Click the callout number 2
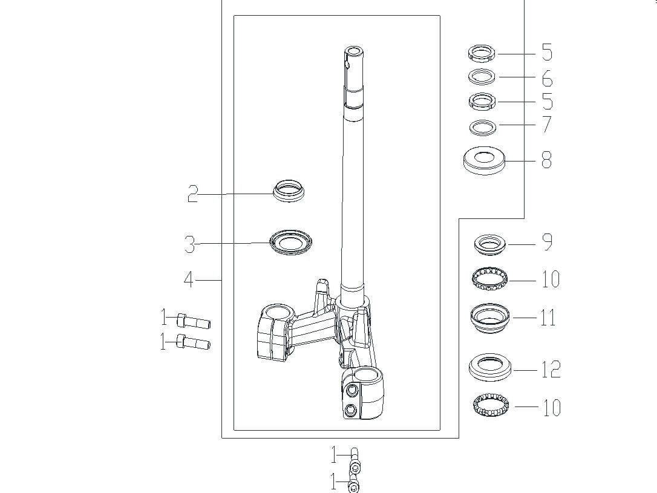192,194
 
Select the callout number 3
190,244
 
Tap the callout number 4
189,279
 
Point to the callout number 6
547,78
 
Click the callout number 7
547,125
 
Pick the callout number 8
546,160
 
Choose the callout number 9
547,242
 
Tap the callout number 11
548,317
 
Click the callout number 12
551,370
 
